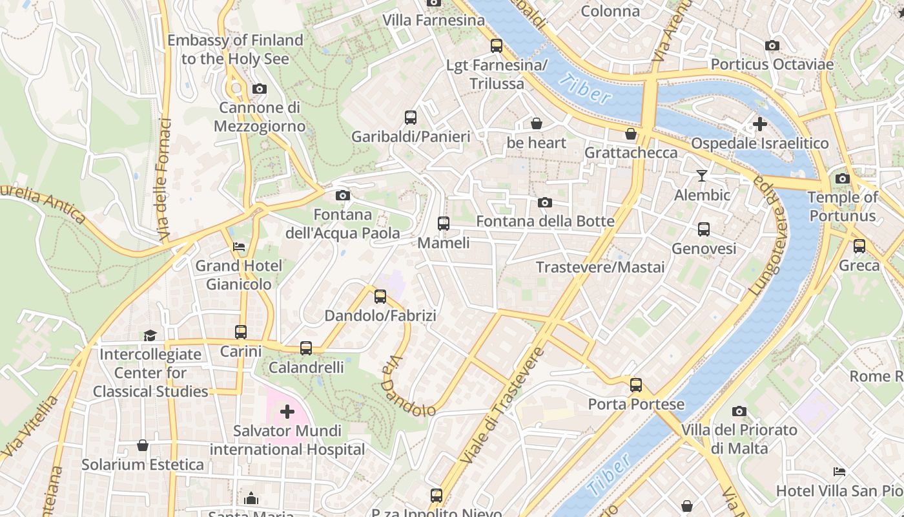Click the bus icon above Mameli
point(443,223)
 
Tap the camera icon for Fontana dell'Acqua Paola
point(343,195)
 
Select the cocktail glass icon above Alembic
point(702,175)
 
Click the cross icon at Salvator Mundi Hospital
point(287,411)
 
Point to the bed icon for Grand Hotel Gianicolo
point(239,246)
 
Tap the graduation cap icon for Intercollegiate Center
point(150,335)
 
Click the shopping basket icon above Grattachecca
point(631,134)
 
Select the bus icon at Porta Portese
point(636,385)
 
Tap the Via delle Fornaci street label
point(164,181)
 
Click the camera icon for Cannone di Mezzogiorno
point(259,89)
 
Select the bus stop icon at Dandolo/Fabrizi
point(380,297)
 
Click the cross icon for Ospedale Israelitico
point(760,123)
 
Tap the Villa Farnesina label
point(433,20)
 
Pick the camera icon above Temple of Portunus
point(842,178)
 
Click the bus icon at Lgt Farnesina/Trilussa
point(496,46)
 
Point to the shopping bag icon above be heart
point(536,123)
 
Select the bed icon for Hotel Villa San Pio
point(839,472)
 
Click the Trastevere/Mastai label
point(600,267)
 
